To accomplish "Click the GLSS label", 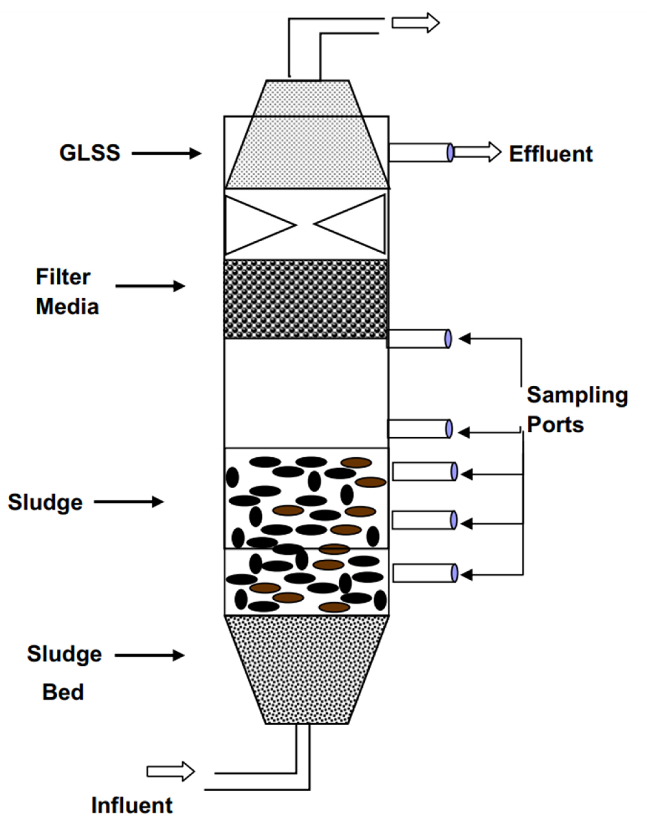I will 90,153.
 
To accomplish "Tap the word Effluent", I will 550,154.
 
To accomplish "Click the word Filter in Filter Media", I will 63,277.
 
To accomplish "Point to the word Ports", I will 555,425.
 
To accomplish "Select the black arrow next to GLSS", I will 166,153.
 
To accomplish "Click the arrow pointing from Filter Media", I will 150,286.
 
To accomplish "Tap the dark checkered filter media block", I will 305,299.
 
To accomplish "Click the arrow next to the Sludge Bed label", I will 150,655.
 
